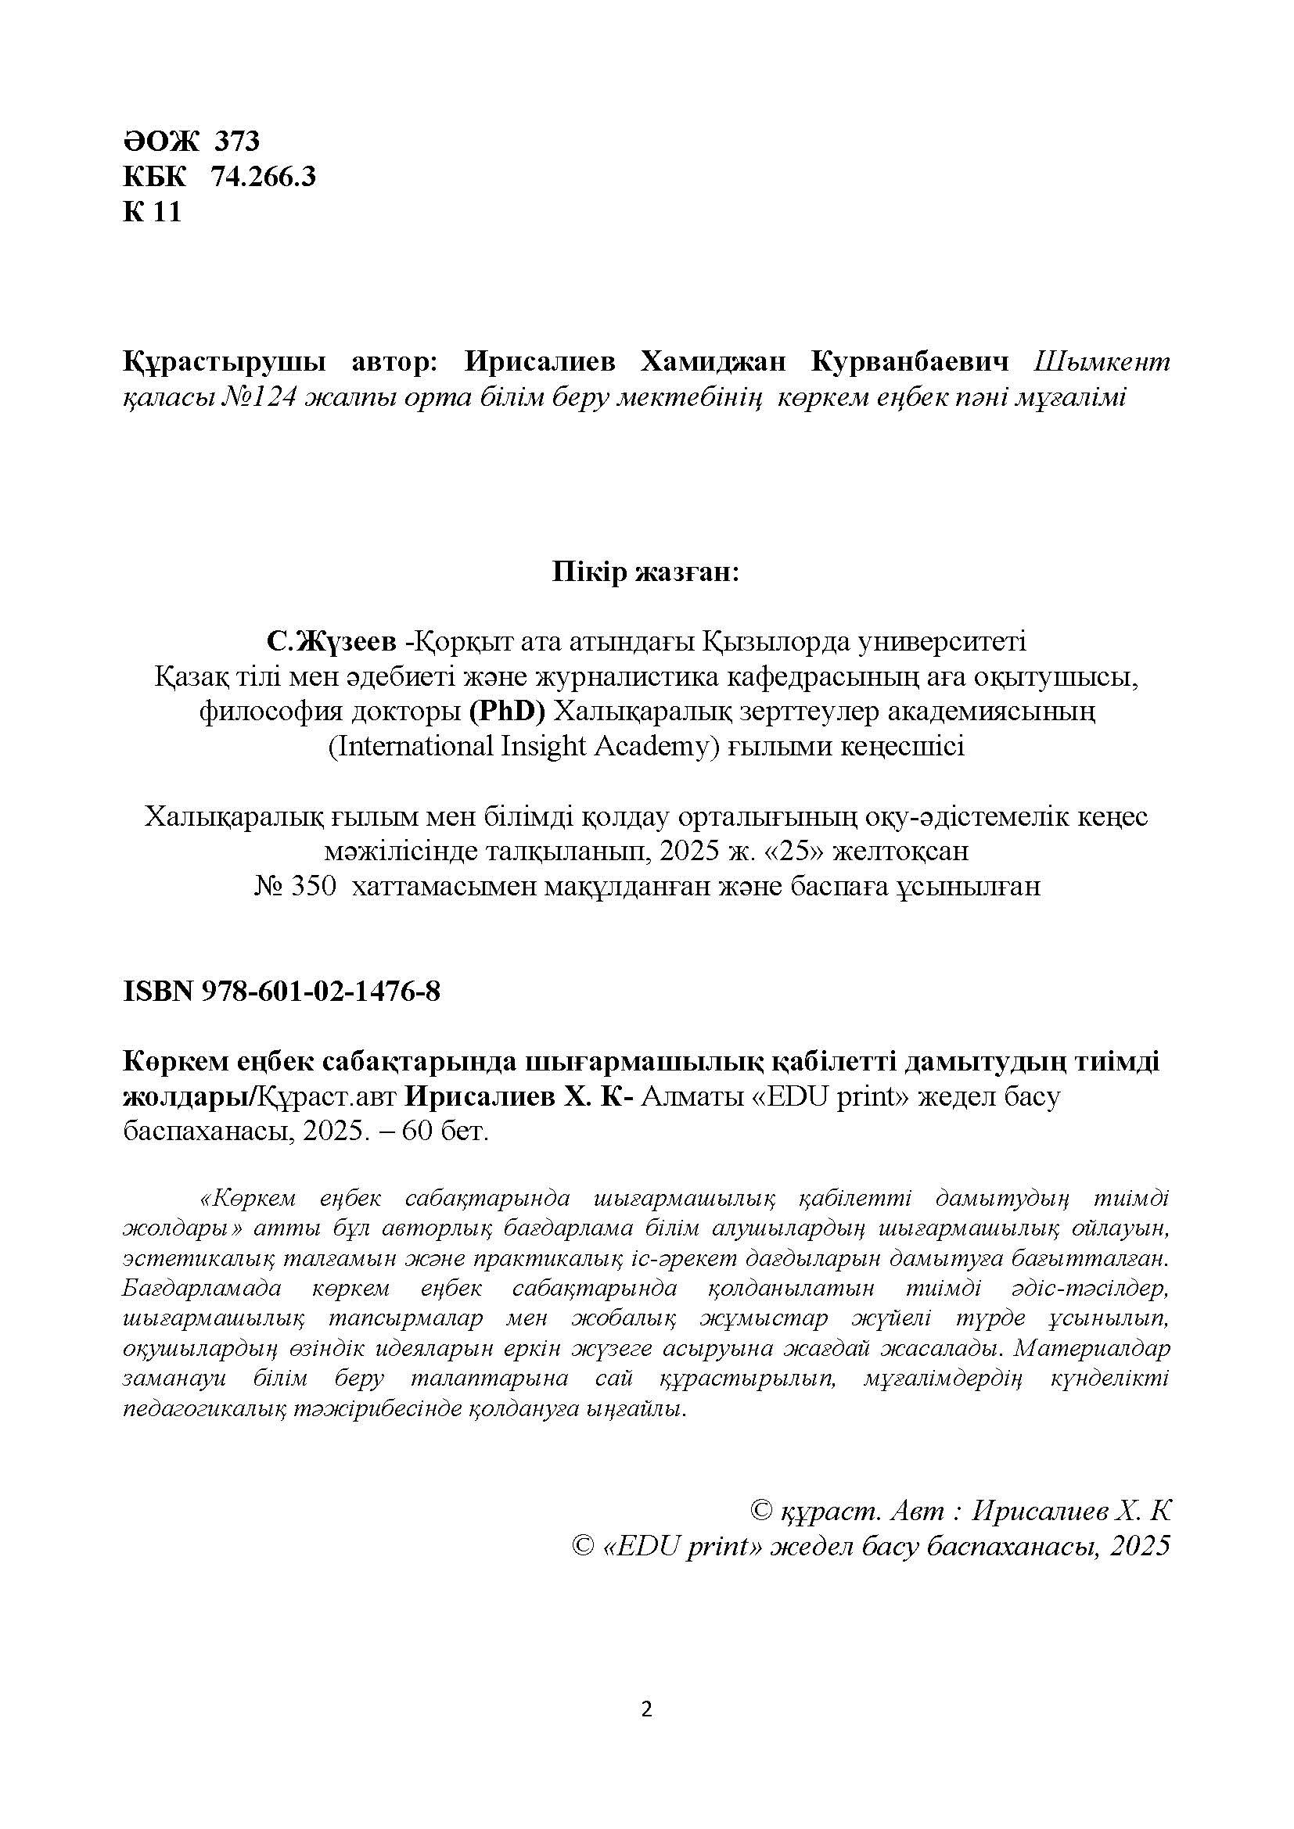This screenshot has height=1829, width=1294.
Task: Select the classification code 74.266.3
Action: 263,177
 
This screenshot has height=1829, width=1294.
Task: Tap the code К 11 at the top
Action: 153,212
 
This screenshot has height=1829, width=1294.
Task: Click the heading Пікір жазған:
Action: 646,573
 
